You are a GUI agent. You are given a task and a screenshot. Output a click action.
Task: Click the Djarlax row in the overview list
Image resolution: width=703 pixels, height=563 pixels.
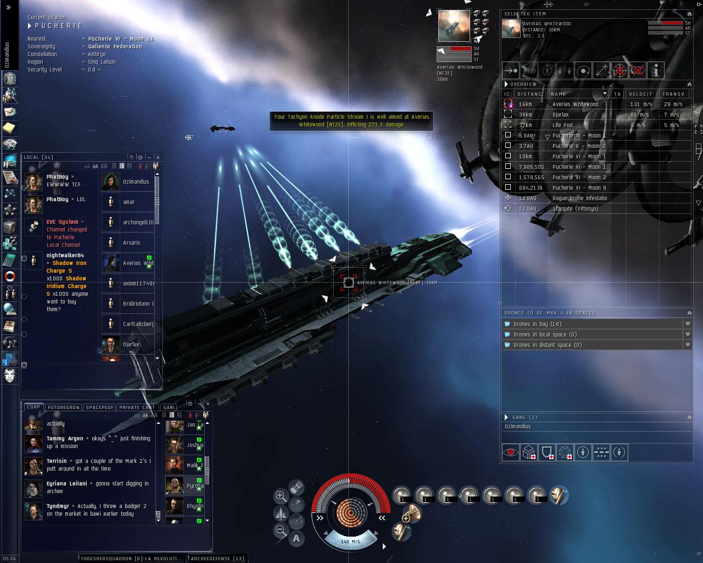560,114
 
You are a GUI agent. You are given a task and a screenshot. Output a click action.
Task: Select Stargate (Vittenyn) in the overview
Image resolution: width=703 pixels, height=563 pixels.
575,208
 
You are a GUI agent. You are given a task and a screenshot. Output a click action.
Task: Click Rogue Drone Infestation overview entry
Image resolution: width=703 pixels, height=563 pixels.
579,198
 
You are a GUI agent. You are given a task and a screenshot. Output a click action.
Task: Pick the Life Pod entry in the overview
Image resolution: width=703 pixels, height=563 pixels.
562,125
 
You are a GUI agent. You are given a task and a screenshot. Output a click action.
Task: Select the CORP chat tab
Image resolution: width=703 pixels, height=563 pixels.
34,407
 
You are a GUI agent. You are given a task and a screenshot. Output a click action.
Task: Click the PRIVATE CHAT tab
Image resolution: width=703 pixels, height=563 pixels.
137,407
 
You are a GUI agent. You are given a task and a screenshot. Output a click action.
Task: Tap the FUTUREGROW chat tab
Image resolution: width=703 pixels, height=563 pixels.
64,407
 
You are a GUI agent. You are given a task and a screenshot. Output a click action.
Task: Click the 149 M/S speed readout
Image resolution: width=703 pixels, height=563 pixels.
350,542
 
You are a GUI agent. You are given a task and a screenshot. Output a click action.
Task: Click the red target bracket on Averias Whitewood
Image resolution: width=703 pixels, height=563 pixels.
348,283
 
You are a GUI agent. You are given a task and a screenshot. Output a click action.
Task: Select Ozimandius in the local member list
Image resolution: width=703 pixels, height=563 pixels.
136,182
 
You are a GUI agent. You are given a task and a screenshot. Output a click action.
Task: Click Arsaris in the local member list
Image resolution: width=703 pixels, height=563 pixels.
131,243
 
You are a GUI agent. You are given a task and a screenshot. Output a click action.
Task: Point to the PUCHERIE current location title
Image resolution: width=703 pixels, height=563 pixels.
58,26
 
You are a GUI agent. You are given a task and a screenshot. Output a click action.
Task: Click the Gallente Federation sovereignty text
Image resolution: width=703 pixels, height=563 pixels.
115,47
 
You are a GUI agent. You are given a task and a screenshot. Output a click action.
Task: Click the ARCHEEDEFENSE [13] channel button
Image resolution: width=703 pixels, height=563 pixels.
217,559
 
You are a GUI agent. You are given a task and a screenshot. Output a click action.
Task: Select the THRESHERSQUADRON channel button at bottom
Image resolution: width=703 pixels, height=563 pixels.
131,559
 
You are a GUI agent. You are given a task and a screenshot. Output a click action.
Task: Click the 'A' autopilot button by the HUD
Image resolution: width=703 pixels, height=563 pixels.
297,538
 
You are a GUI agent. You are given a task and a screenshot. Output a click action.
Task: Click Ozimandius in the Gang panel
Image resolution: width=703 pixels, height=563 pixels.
517,426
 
